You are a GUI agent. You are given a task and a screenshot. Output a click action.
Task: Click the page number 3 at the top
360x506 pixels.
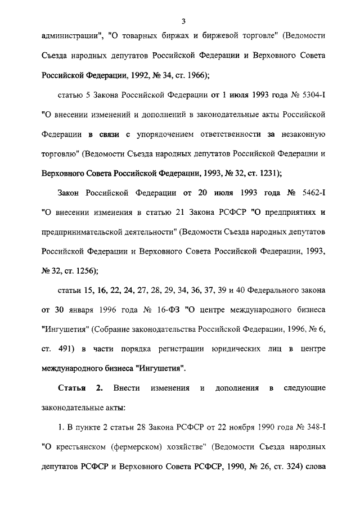pyautogui.click(x=183, y=21)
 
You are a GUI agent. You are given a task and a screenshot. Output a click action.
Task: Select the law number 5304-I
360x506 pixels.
pyautogui.click(x=310, y=96)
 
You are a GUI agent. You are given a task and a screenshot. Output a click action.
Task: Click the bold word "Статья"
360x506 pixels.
pyautogui.click(x=72, y=388)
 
